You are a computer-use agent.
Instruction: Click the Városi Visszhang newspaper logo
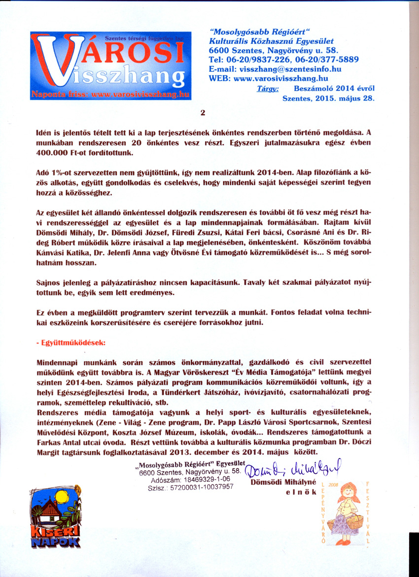point(111,66)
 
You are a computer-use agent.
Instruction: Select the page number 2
point(203,112)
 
